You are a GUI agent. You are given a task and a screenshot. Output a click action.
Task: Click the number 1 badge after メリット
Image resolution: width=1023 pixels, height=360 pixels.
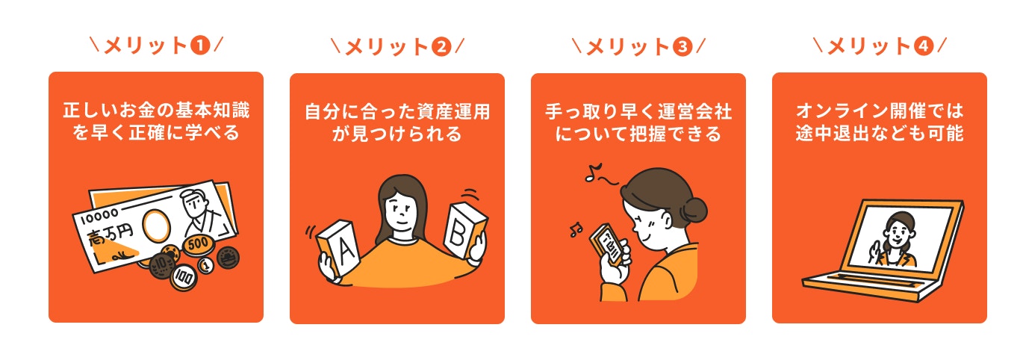(199, 45)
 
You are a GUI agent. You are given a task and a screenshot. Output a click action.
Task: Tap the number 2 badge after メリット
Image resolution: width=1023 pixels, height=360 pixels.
(441, 46)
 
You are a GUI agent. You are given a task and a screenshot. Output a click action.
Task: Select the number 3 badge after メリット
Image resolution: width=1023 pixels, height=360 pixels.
(682, 46)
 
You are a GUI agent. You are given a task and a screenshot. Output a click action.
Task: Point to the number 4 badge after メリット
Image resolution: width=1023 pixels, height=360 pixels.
(923, 46)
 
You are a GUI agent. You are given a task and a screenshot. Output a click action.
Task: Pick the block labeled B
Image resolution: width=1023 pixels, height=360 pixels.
(463, 231)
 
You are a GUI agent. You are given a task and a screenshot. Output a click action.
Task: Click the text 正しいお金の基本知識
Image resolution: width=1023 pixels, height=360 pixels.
(156, 111)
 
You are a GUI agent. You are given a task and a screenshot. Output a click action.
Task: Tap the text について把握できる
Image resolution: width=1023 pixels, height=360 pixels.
(638, 135)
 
